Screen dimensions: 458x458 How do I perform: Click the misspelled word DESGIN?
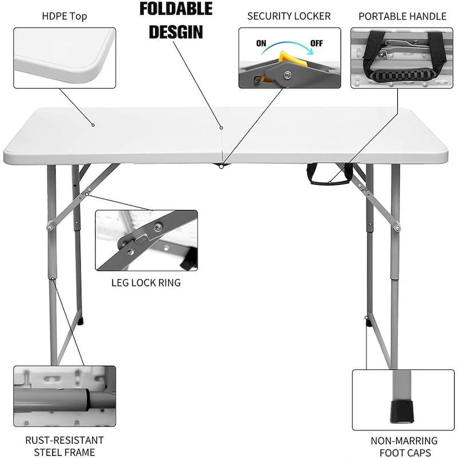tap(176, 31)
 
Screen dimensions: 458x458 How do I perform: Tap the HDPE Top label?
tap(64, 16)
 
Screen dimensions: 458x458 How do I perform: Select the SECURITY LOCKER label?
tap(289, 16)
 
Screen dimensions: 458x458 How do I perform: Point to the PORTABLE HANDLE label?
tap(402, 16)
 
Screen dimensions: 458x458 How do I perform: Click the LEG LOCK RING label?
tap(146, 283)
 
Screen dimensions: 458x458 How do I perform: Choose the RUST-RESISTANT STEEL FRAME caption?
tap(64, 447)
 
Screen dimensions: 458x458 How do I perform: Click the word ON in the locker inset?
tap(260, 42)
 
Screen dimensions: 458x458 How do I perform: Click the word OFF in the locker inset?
tap(317, 42)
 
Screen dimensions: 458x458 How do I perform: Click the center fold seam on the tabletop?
tap(222, 137)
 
